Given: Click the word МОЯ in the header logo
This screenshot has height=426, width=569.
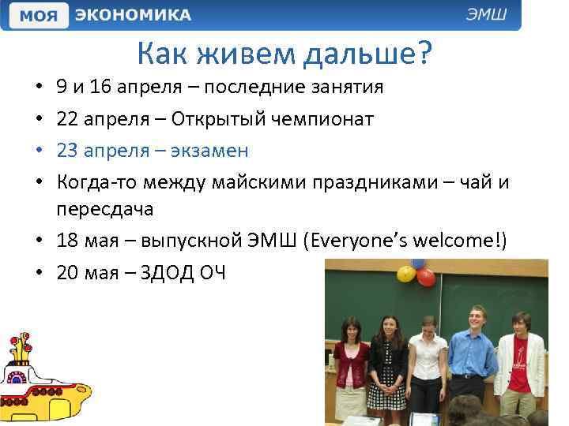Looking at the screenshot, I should [38, 15].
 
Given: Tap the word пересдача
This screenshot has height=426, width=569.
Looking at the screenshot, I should [107, 209].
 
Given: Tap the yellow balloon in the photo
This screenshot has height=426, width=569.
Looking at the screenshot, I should [405, 273].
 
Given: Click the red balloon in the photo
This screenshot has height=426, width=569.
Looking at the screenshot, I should [426, 277].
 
